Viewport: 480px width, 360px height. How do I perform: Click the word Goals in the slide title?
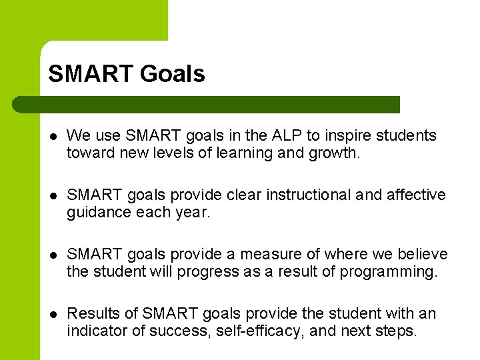click(x=172, y=74)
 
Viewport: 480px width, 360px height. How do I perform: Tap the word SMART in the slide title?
click(x=91, y=74)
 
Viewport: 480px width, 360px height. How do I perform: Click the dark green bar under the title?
click(x=207, y=105)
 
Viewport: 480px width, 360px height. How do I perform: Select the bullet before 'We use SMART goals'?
click(x=54, y=136)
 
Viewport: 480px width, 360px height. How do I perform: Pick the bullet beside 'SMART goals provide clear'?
click(x=54, y=195)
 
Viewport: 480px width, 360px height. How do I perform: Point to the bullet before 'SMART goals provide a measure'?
click(x=54, y=255)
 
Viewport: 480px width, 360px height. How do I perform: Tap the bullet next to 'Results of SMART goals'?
click(x=54, y=314)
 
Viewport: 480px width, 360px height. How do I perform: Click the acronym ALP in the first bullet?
click(x=287, y=135)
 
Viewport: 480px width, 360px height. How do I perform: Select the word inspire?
click(x=347, y=135)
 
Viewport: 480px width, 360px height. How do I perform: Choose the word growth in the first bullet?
click(x=337, y=153)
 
